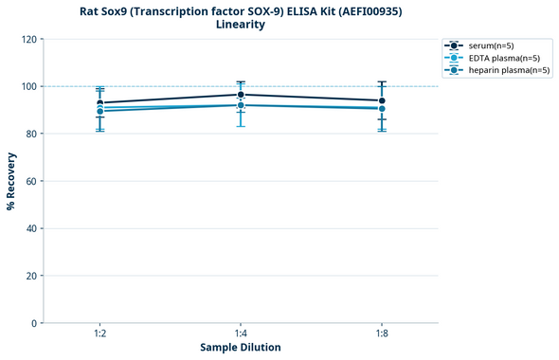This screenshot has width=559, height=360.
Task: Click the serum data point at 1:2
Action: tap(100, 102)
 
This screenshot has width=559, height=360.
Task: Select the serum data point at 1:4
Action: tap(241, 95)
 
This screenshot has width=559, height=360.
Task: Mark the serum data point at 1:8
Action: tap(382, 100)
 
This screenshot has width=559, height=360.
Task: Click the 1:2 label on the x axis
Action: tap(100, 333)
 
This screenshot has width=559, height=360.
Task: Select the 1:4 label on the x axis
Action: tap(241, 333)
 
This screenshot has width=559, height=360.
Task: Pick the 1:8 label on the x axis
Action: tap(382, 333)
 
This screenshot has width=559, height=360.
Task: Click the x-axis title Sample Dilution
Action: tap(241, 348)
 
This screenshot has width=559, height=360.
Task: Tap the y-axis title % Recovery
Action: tap(11, 181)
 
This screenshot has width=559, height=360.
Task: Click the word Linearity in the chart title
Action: tap(241, 25)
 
